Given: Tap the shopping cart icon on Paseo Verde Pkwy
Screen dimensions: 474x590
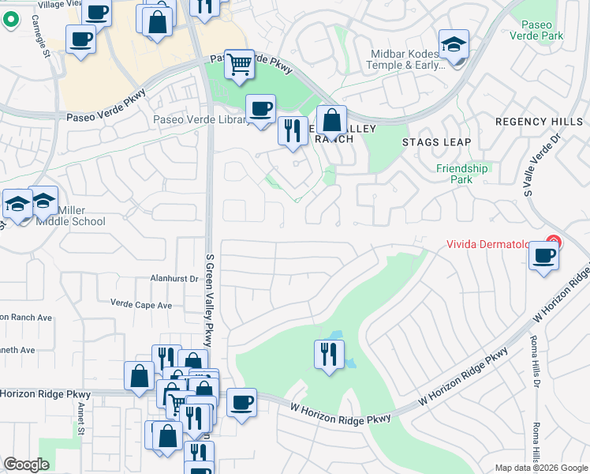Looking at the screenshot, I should (x=239, y=64).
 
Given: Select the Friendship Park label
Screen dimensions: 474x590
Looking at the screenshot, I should (x=462, y=174).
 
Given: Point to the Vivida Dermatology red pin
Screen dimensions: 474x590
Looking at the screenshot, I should (x=555, y=242).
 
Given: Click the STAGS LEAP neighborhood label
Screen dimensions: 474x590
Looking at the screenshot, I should (x=436, y=142).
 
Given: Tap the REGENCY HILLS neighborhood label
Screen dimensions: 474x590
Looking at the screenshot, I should (x=539, y=122).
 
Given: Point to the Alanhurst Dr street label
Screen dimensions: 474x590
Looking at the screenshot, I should (x=174, y=278).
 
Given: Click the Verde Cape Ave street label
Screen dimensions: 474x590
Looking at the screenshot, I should (x=141, y=304).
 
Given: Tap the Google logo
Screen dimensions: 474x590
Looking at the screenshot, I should (x=26, y=465).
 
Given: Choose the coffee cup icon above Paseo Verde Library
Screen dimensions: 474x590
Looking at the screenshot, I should (x=260, y=108).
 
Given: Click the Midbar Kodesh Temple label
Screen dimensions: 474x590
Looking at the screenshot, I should (x=408, y=59).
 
